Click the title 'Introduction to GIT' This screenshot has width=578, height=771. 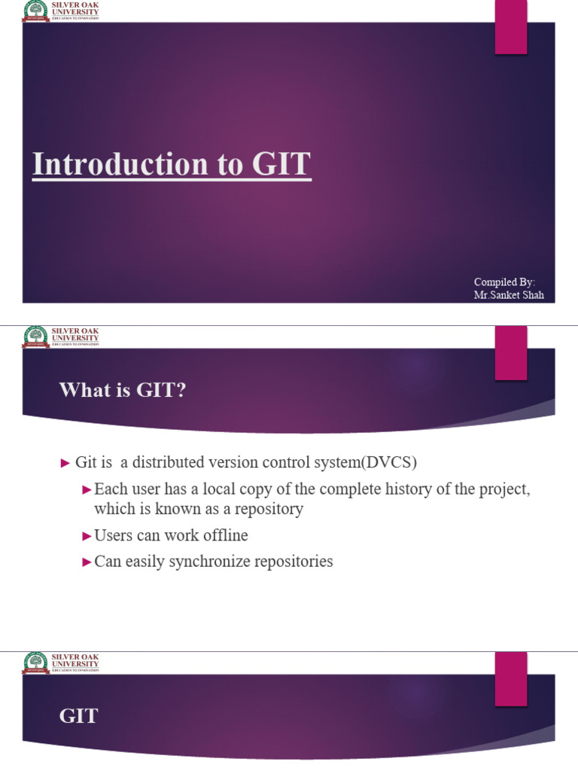coord(172,165)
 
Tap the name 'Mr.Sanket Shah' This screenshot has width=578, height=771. coord(508,295)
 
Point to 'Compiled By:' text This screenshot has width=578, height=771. coord(504,282)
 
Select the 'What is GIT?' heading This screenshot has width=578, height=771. coord(122,389)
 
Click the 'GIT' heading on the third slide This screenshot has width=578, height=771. coord(78,715)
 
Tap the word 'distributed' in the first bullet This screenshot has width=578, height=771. coord(170,462)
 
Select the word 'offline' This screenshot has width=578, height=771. coord(223,535)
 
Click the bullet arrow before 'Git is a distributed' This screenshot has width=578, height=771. coord(65,462)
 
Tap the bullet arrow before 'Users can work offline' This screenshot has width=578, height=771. coord(86,536)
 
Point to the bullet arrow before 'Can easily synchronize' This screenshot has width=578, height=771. coord(86,562)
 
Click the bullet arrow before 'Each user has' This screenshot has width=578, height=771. coord(86,490)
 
